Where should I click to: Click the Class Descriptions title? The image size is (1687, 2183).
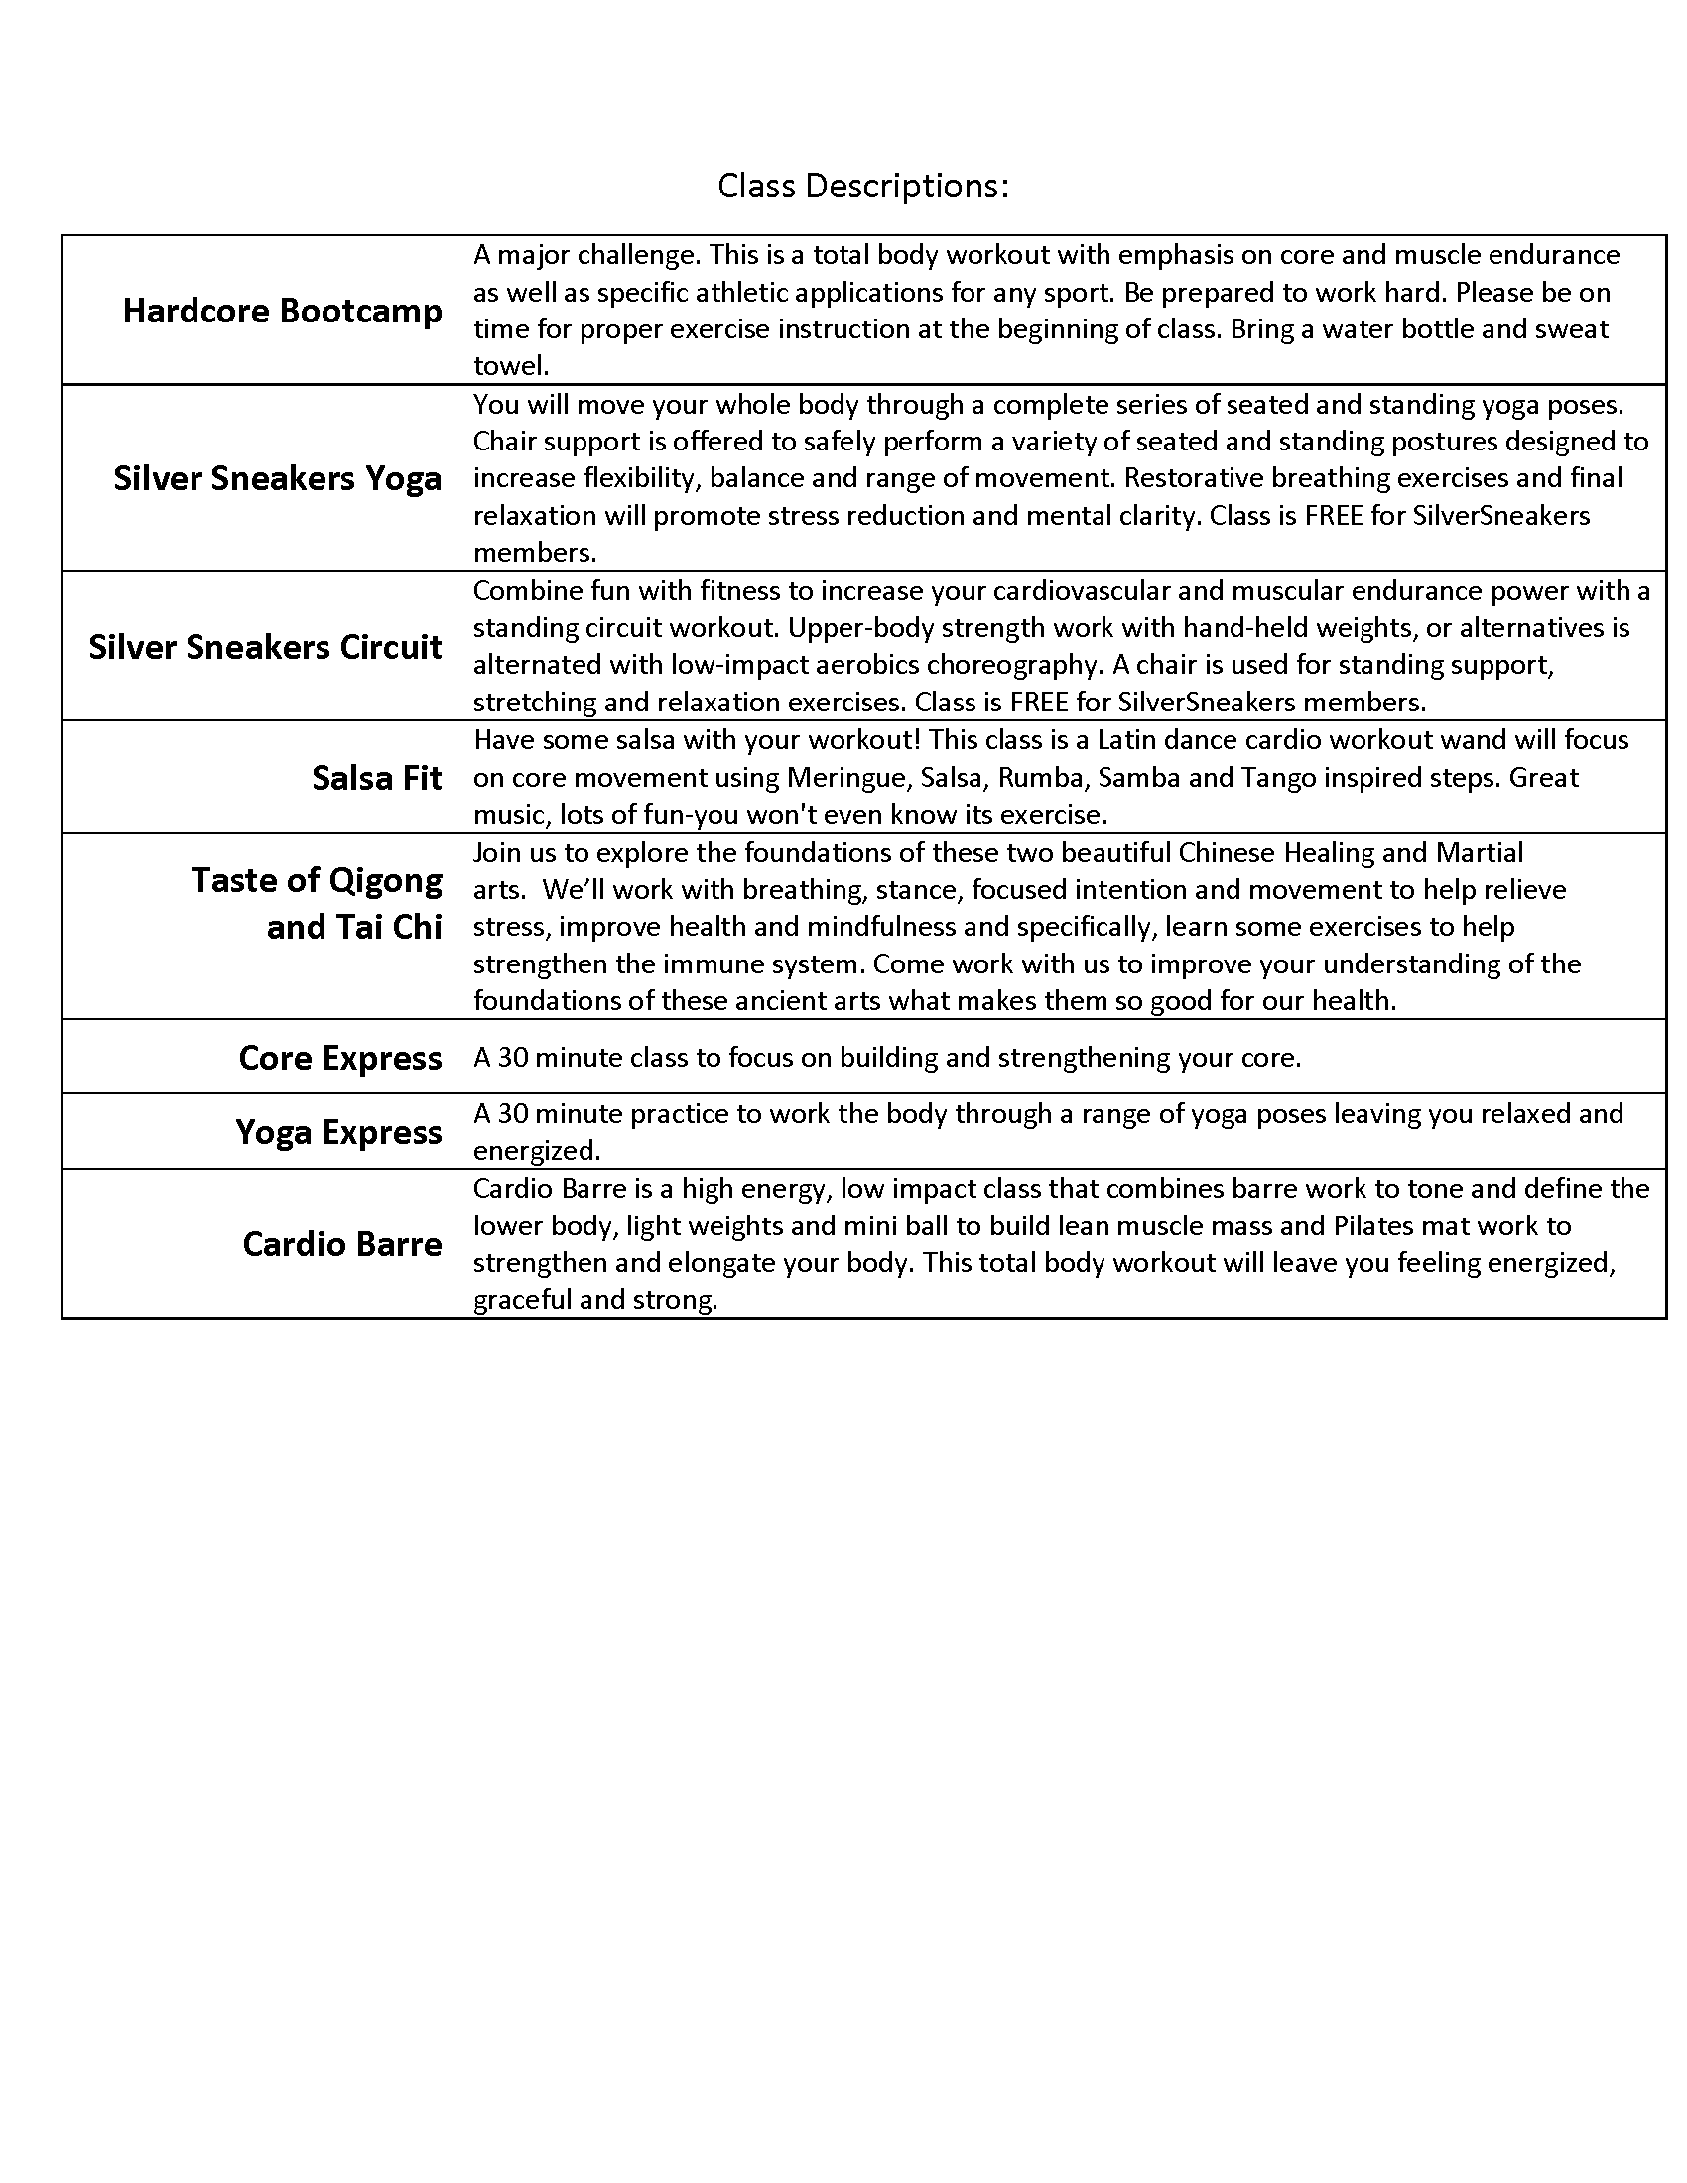[862, 186]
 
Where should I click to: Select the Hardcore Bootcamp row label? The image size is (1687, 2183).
[282, 311]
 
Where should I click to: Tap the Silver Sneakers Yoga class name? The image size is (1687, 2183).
[277, 479]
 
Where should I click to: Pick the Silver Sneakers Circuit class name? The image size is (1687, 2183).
[265, 647]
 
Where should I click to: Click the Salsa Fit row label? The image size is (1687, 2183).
[377, 778]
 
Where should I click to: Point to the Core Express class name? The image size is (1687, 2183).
[339, 1058]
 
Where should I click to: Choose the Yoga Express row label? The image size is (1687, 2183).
[338, 1132]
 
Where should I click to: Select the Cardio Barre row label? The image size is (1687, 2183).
[341, 1244]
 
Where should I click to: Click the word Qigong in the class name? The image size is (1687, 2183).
[386, 880]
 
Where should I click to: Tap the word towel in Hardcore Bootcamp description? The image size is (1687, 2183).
[511, 366]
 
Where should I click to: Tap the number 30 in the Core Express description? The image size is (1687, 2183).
[513, 1058]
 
